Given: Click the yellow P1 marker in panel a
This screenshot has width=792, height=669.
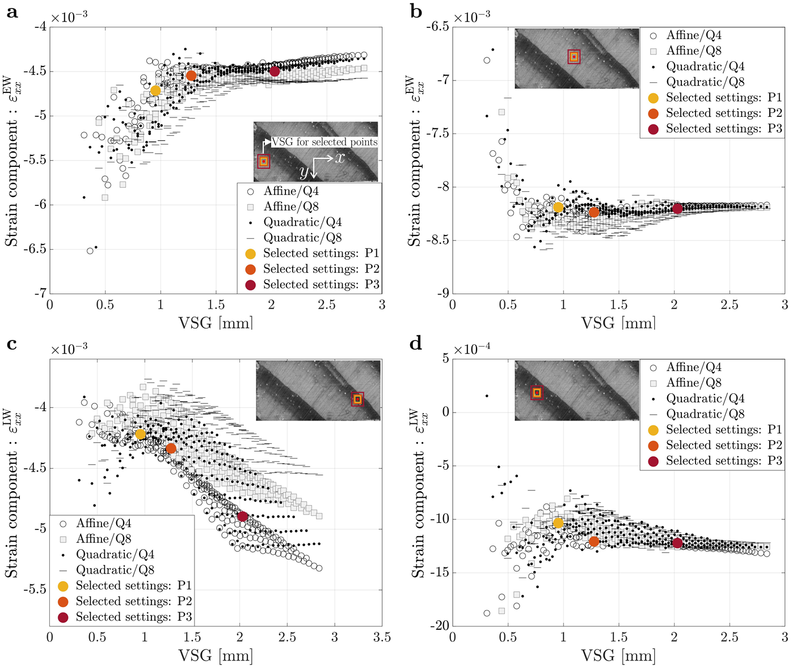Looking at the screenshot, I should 155,90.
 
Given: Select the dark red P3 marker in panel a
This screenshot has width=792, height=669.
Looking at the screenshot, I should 275,71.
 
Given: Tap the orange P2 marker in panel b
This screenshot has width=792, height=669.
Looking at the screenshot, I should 594,212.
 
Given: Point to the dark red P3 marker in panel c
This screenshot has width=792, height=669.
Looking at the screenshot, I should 242,516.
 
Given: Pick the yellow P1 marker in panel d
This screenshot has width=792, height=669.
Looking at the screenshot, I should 558,523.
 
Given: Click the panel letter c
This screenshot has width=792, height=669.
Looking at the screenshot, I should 11,344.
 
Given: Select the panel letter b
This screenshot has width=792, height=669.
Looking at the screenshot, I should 416,11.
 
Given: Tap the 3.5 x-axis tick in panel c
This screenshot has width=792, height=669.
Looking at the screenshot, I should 382,637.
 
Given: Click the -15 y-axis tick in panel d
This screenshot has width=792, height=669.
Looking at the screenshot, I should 437,573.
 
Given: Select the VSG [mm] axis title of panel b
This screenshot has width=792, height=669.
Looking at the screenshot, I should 618,323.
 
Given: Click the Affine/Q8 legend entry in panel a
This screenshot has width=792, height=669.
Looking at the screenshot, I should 291,207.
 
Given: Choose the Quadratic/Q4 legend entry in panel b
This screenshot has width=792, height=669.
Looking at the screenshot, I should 705,66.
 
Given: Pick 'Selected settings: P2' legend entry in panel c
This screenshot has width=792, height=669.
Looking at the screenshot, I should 134,601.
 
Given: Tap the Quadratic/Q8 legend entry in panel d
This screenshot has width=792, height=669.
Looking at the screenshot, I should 705,414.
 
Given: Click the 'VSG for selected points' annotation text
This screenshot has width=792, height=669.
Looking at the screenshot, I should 325,142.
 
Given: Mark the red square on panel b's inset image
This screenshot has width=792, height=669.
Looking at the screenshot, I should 574,56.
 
